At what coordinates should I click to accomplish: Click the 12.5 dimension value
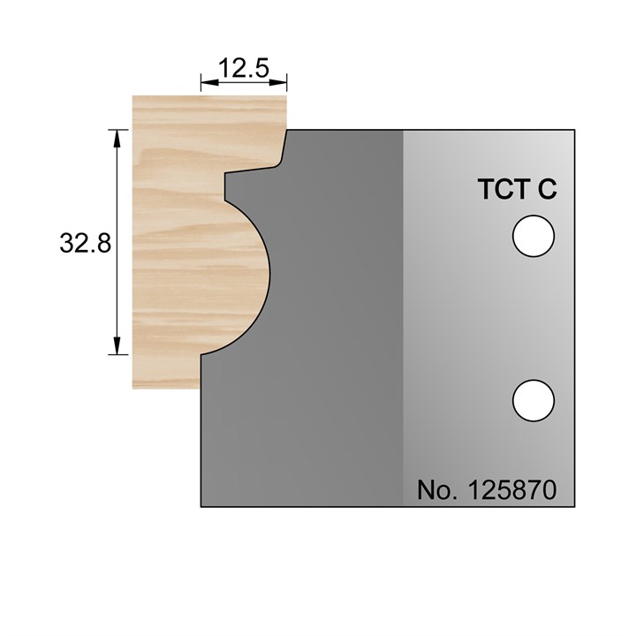[x=244, y=67]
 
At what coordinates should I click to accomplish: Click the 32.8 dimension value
[x=85, y=243]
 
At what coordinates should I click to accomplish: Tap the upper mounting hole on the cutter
[x=534, y=238]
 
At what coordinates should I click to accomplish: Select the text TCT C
[x=516, y=190]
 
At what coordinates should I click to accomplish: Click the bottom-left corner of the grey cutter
[x=201, y=506]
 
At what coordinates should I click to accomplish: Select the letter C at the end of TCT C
[x=547, y=190]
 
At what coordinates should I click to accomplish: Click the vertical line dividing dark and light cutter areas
[x=403, y=318]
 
